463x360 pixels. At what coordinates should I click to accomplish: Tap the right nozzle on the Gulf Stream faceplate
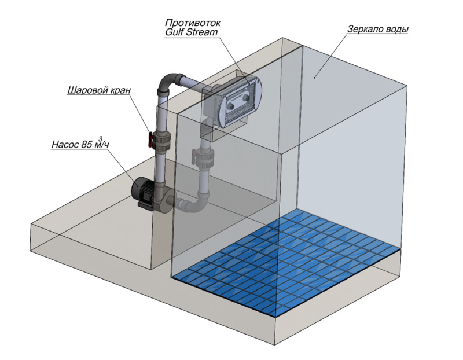[249, 98]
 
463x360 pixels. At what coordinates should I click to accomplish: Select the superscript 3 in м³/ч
[101, 137]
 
